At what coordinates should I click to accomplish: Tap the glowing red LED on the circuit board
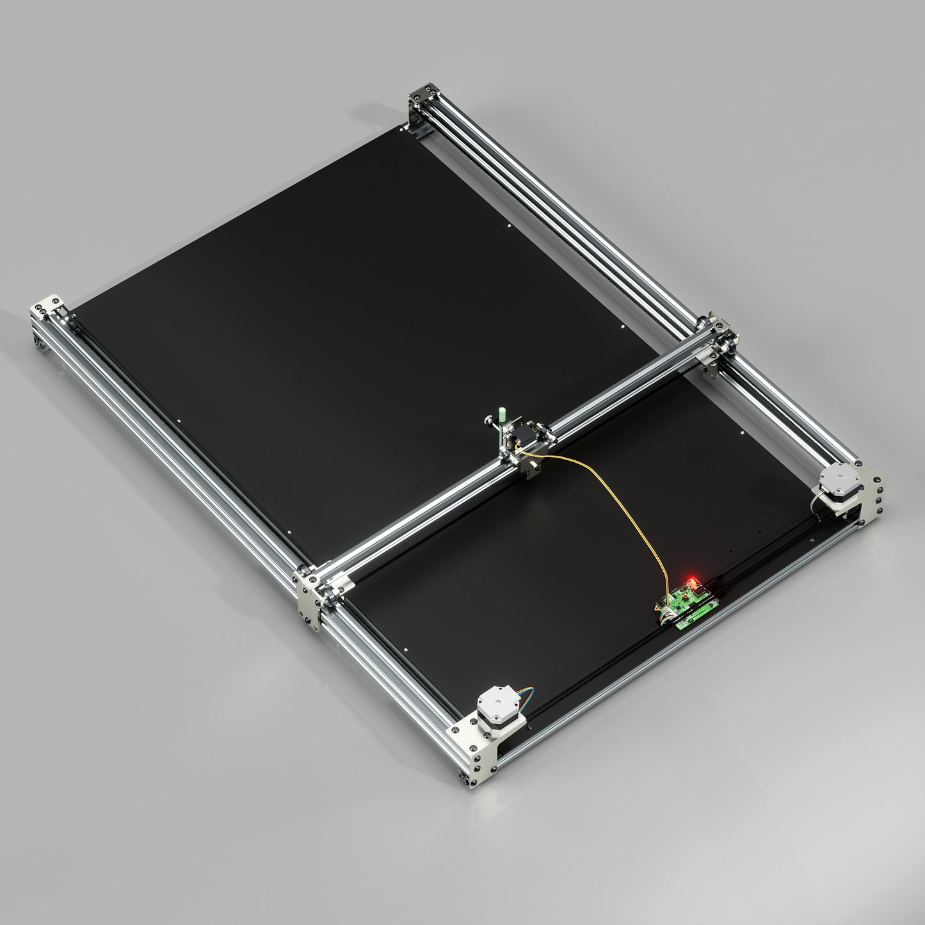click(690, 582)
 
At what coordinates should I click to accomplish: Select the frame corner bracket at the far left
click(46, 310)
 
